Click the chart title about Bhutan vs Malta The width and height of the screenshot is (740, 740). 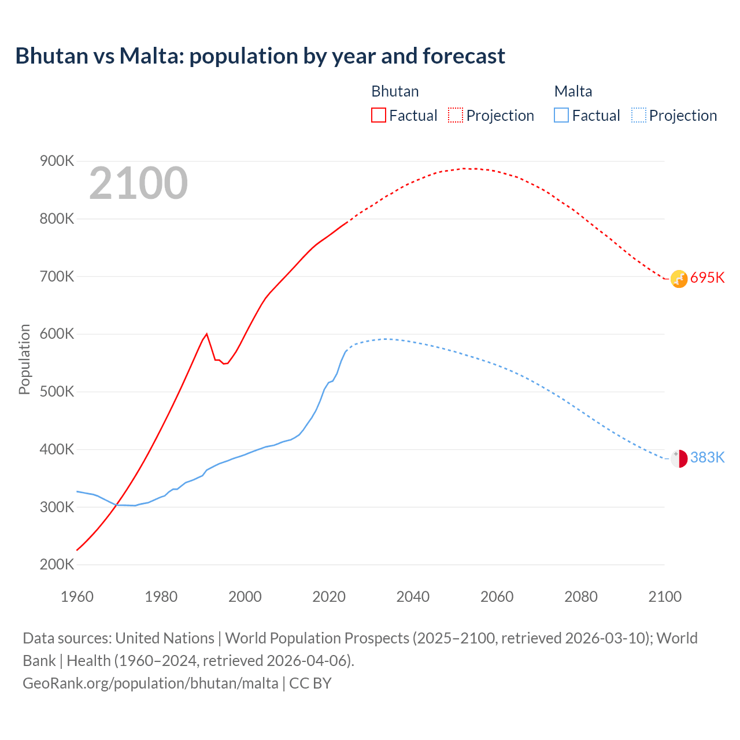[x=260, y=56]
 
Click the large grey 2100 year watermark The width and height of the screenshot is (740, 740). [x=138, y=183]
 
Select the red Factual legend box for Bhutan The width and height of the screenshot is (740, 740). [x=378, y=116]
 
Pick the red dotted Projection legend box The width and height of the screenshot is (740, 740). [x=456, y=116]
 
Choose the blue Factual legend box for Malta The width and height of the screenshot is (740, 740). [x=561, y=116]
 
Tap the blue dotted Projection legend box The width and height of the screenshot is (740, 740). [x=638, y=116]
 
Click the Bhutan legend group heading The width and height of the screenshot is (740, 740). [x=395, y=91]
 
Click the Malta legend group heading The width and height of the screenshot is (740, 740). [x=573, y=91]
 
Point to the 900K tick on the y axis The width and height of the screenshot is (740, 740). [x=57, y=161]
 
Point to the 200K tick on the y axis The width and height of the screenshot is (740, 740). [x=57, y=565]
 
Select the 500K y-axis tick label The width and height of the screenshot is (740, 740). [x=57, y=392]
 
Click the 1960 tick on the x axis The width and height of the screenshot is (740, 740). [x=77, y=597]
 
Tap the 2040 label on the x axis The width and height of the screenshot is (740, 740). [x=413, y=597]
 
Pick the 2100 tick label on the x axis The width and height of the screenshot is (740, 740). [x=665, y=597]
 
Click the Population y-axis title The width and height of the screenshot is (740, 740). [x=24, y=360]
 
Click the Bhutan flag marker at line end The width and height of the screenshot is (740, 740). [x=679, y=279]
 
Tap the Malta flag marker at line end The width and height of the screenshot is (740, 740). [x=679, y=458]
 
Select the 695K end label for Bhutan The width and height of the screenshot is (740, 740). [x=707, y=278]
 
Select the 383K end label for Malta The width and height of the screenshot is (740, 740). [x=707, y=458]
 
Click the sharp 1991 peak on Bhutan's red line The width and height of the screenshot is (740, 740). [x=207, y=334]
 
